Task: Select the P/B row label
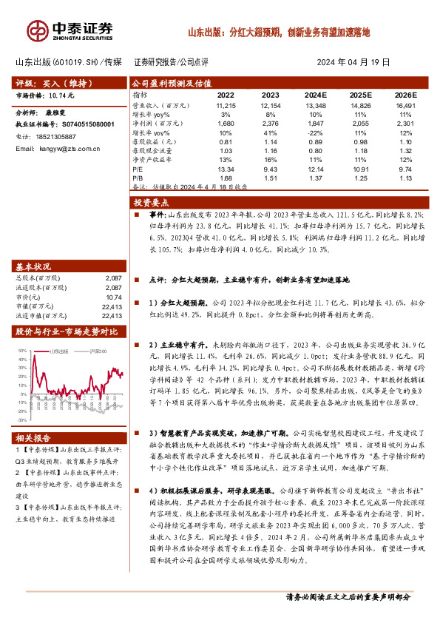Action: [138, 178]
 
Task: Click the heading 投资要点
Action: [151, 203]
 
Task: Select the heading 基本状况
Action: [33, 266]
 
